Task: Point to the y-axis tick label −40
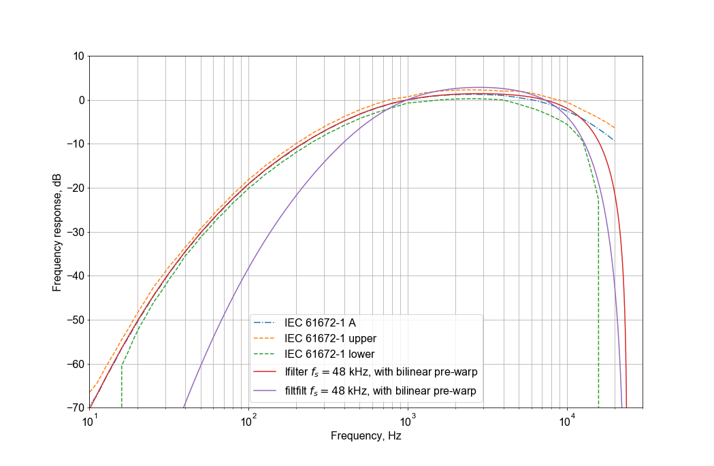coord(73,276)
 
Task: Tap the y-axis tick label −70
coord(73,408)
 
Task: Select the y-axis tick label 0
coord(81,100)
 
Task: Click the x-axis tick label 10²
coord(248,422)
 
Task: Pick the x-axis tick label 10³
coord(408,422)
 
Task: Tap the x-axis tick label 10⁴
coord(567,422)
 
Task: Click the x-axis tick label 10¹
coord(89,422)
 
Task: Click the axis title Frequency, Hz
coord(366,437)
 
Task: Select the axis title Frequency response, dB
coord(58,231)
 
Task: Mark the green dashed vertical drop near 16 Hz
coord(122,388)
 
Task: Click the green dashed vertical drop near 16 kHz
coord(598,306)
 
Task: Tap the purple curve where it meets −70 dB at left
coord(184,407)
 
